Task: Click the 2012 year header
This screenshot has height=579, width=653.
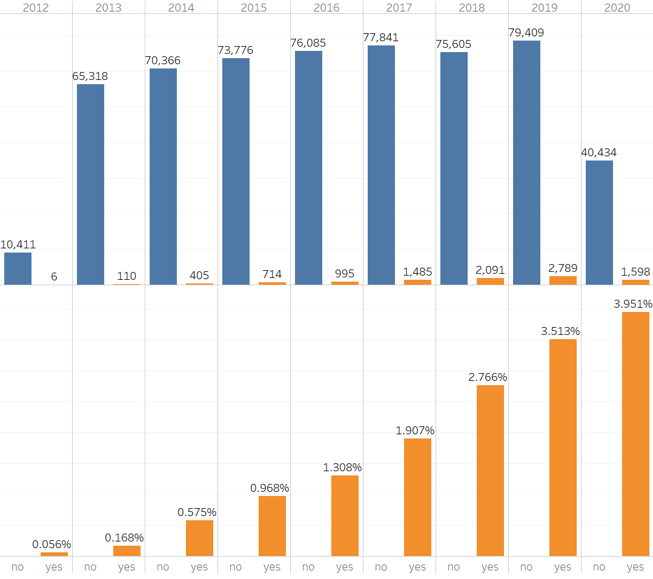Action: click(x=36, y=8)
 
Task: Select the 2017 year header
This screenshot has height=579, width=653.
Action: click(x=399, y=8)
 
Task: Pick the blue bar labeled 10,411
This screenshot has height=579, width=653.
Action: click(x=18, y=268)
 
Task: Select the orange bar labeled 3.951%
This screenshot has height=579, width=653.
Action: click(x=635, y=434)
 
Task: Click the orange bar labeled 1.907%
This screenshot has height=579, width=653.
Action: click(x=417, y=497)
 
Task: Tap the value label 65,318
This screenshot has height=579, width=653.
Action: click(x=90, y=76)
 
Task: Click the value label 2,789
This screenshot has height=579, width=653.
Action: click(x=563, y=268)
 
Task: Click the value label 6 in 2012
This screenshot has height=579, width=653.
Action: click(x=54, y=277)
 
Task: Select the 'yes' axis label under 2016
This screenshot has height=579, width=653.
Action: click(x=345, y=567)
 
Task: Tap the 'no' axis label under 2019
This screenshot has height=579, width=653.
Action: click(x=526, y=567)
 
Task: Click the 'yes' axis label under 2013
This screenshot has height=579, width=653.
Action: click(x=127, y=567)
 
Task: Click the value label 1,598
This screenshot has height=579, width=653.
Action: click(x=635, y=272)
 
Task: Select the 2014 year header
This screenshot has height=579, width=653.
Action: click(x=181, y=8)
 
